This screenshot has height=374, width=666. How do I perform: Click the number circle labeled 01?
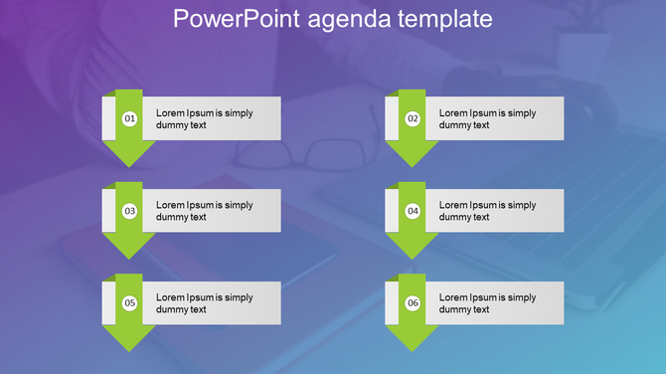[129, 119]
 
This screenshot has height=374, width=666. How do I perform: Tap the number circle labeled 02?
[413, 119]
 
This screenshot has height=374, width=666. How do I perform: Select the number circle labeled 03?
[129, 211]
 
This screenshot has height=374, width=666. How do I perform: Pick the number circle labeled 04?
[413, 211]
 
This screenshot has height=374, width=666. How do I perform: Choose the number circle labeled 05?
[129, 303]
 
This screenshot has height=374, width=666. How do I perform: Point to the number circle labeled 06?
[413, 303]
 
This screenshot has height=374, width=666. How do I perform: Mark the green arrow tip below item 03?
[129, 248]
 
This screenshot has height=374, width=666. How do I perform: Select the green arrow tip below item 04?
[413, 248]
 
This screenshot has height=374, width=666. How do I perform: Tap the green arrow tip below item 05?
[129, 340]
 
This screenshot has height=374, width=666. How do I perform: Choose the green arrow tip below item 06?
[413, 340]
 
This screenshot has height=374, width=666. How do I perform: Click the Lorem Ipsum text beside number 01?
[205, 119]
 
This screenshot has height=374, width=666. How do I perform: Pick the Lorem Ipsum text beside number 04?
[487, 211]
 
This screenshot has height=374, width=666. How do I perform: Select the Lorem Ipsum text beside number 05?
[205, 303]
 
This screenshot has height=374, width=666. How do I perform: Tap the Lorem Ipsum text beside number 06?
[487, 303]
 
